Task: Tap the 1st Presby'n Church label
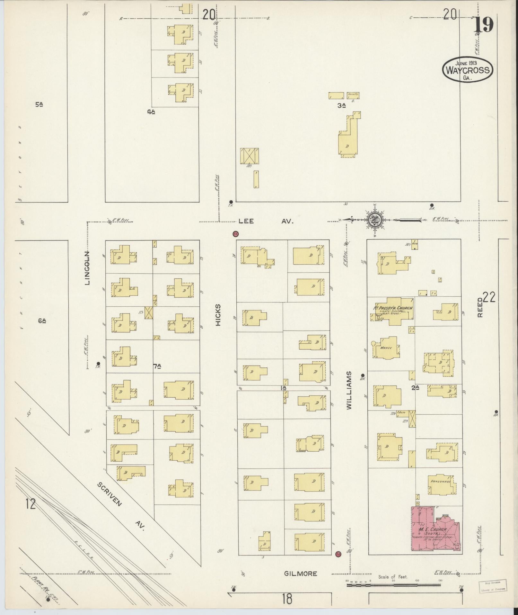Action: point(392,308)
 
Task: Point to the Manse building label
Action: point(384,348)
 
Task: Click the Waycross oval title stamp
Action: point(468,70)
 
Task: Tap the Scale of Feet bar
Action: point(394,585)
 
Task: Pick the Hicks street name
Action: point(218,315)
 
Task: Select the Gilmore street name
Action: point(301,574)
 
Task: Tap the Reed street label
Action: point(480,309)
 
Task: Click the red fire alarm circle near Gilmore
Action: point(338,554)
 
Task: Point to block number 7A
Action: point(157,366)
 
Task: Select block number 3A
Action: point(341,105)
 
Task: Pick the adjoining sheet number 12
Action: point(31,504)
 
